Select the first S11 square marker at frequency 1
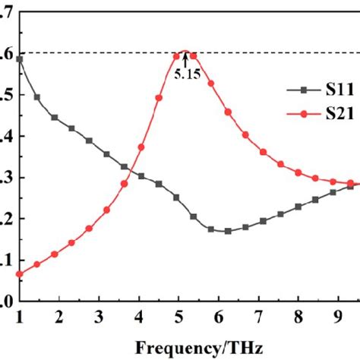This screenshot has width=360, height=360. point(21,58)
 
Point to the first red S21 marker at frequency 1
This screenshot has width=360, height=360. point(21,274)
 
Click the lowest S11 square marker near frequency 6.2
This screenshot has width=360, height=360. point(228,231)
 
